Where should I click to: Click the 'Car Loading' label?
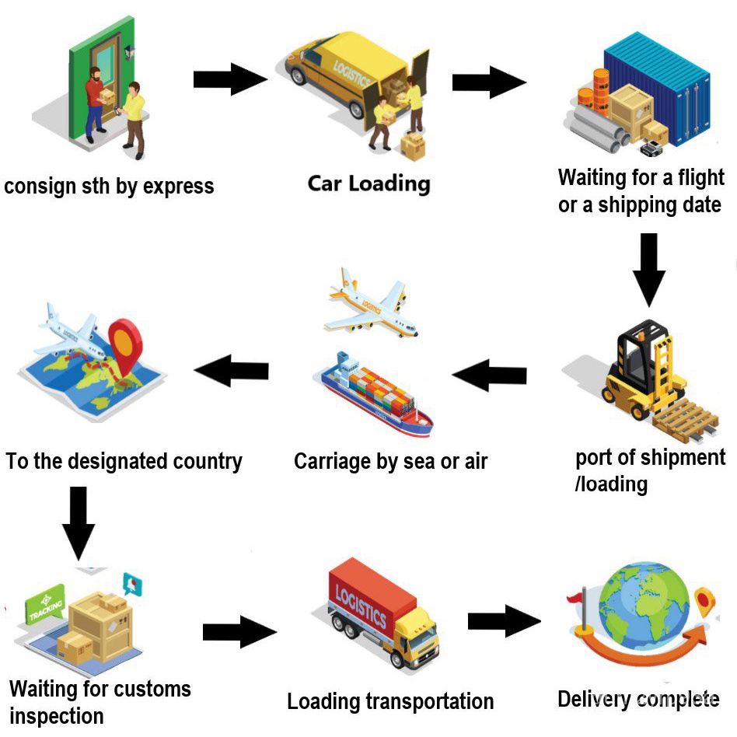[x=368, y=183]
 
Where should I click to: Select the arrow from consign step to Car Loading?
[x=230, y=79]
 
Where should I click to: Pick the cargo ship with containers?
[x=378, y=393]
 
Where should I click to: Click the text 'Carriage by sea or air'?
[x=390, y=461]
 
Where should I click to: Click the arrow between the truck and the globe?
[x=504, y=622]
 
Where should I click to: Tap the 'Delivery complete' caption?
[x=637, y=699]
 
